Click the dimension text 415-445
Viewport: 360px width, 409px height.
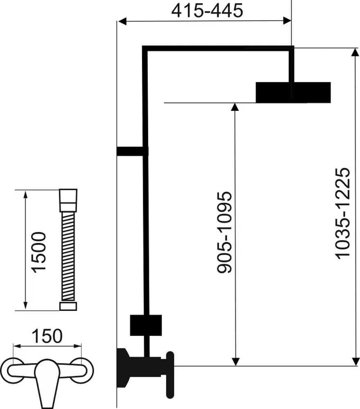coord(207,11)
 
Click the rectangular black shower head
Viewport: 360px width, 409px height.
coord(293,92)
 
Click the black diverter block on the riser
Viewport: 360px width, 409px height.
coord(146,325)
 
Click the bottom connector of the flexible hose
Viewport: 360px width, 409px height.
coord(68,306)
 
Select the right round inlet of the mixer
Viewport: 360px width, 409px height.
coord(83,367)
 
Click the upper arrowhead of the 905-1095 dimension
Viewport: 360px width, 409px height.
coord(235,107)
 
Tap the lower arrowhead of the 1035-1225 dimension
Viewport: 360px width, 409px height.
coord(354,361)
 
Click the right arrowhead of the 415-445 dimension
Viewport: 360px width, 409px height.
coord(287,21)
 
